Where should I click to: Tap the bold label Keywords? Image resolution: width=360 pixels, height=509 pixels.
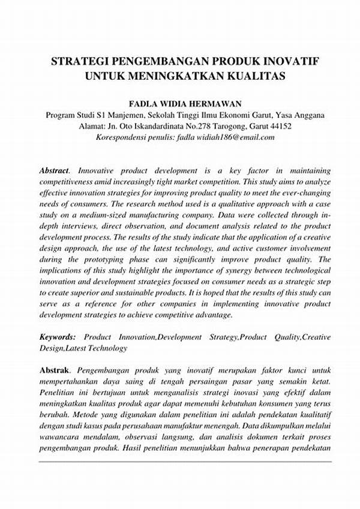pos(58,337)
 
